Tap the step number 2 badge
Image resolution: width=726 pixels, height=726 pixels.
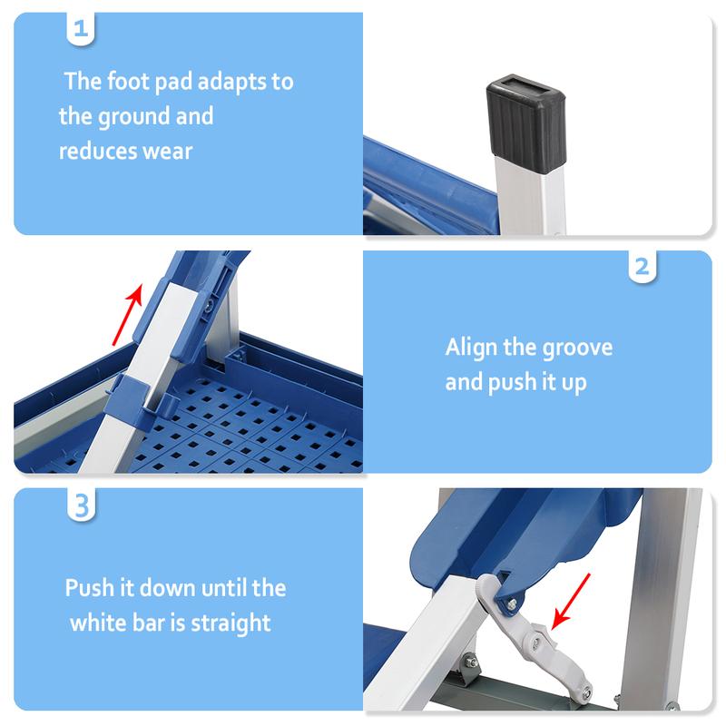pos(642,267)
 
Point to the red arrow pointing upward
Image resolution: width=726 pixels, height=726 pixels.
pos(128,314)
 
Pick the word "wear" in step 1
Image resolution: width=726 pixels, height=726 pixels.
pos(167,151)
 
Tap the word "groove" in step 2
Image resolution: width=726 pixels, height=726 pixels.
pos(577,348)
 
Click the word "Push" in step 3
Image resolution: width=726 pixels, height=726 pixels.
pos(91,588)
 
